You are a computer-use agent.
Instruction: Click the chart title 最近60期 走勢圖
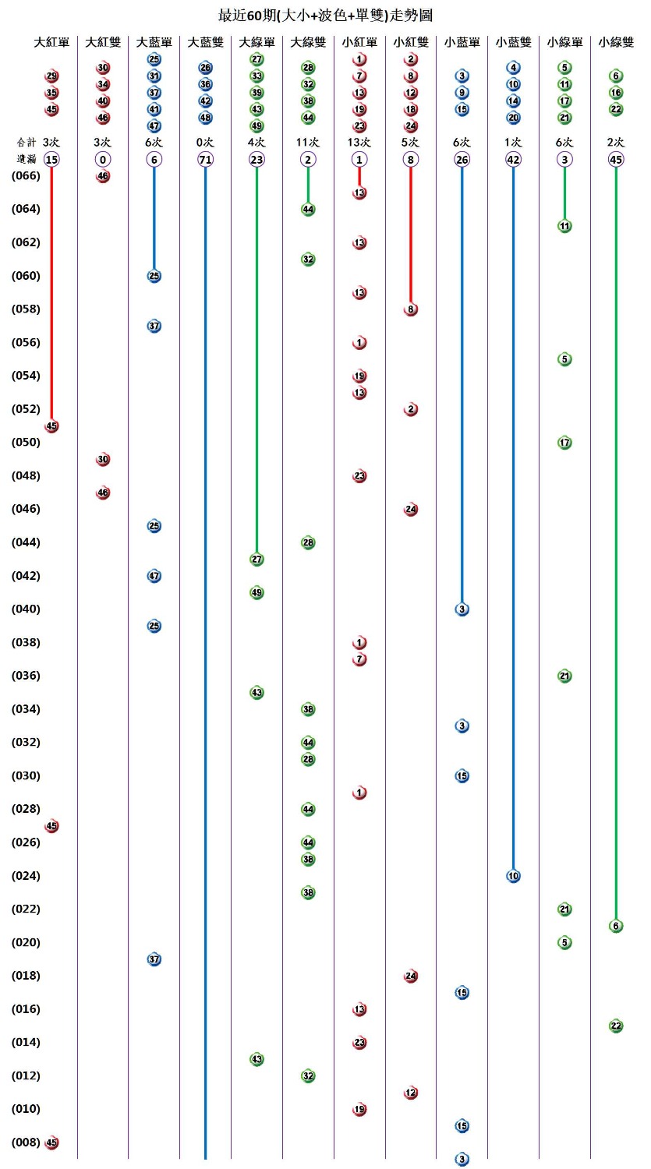point(325,15)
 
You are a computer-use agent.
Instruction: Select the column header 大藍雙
point(205,42)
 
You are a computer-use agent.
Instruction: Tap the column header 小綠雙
point(616,42)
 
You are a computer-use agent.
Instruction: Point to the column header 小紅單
point(359,42)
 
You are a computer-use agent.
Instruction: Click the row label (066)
point(26,176)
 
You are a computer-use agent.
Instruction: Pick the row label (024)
point(26,876)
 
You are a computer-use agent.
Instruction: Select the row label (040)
point(26,609)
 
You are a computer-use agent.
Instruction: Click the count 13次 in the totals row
point(359,143)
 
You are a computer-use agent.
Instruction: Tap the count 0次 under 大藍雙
point(205,143)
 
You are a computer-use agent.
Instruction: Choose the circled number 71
point(205,160)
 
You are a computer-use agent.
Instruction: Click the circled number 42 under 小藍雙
point(513,160)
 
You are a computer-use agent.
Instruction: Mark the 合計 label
point(26,143)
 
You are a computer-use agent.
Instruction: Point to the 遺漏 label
point(26,159)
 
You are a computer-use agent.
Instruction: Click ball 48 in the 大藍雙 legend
point(205,118)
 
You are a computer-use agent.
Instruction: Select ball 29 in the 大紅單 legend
point(51,76)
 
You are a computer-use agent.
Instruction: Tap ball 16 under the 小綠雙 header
point(616,93)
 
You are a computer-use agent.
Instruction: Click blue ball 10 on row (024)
point(513,876)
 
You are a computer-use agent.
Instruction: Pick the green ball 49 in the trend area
point(257,593)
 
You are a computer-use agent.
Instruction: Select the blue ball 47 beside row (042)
point(154,576)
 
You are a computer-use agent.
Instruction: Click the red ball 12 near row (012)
point(411,1093)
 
